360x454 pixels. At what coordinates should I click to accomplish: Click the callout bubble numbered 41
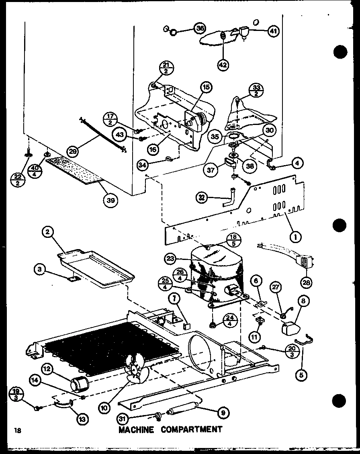[x=274, y=32]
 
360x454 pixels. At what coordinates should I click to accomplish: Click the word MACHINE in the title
[x=136, y=429]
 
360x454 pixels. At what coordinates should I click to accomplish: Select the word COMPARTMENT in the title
[x=191, y=429]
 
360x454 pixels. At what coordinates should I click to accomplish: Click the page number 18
[x=16, y=431]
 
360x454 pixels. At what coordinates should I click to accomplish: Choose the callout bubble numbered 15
[x=207, y=87]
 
